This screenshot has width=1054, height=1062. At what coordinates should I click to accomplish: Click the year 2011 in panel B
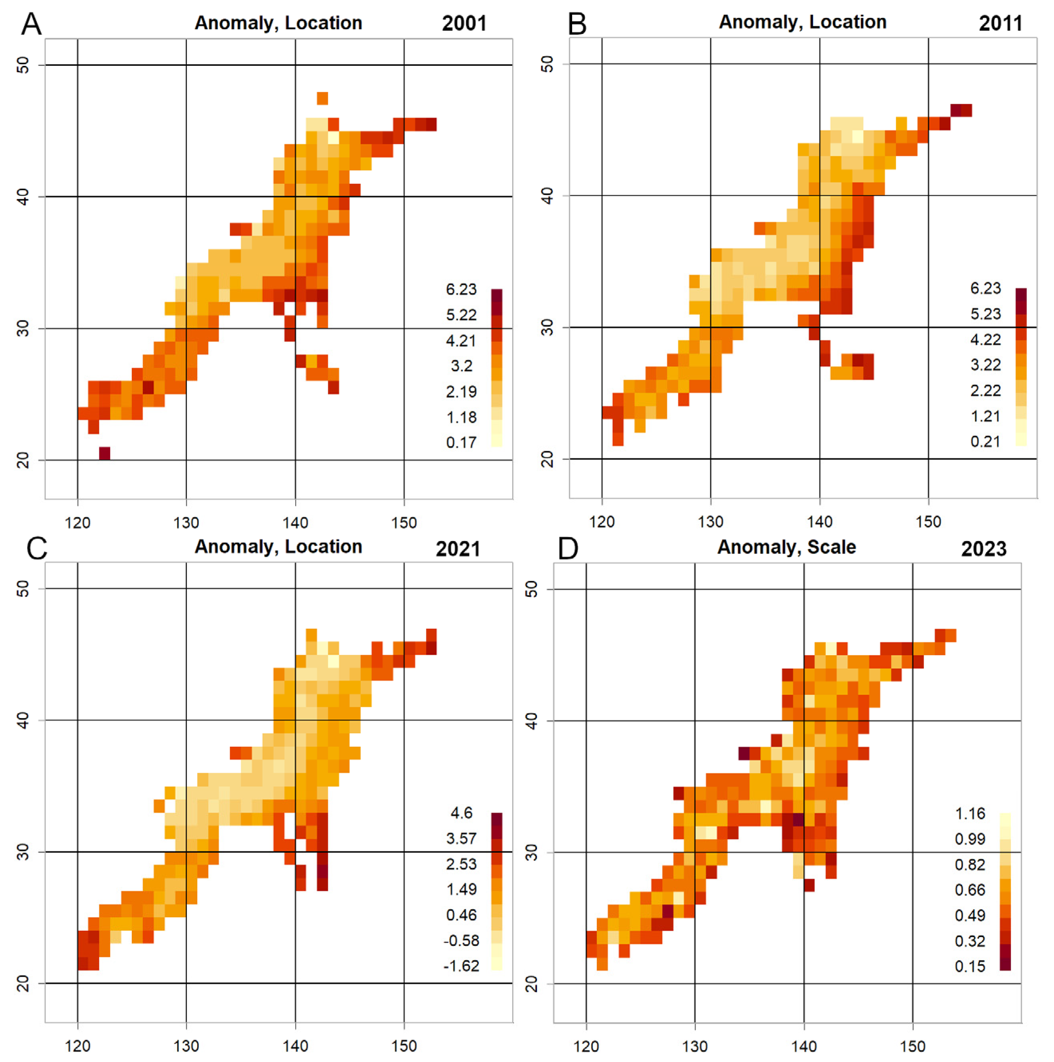coord(1000,24)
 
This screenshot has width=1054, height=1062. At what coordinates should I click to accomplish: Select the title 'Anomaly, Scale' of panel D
coord(786,547)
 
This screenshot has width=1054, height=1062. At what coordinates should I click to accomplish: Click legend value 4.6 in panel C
coord(461,813)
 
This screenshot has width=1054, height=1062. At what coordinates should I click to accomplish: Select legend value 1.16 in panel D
coord(969,813)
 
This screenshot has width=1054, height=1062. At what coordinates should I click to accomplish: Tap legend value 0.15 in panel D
coord(969,966)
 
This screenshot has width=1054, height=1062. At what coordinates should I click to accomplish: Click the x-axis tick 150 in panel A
coord(404,522)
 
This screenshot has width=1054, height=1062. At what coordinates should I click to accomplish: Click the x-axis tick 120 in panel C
coord(77,1046)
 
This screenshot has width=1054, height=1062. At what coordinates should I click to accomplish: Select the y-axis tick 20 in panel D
coord(531,983)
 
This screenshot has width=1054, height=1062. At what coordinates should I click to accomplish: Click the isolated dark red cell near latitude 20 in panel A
coord(105,453)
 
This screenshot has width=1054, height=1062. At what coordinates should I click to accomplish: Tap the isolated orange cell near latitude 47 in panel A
coord(322,99)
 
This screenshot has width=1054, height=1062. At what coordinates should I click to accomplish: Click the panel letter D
coord(567,549)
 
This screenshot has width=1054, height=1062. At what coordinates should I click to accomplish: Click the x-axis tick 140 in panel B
coord(819,521)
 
